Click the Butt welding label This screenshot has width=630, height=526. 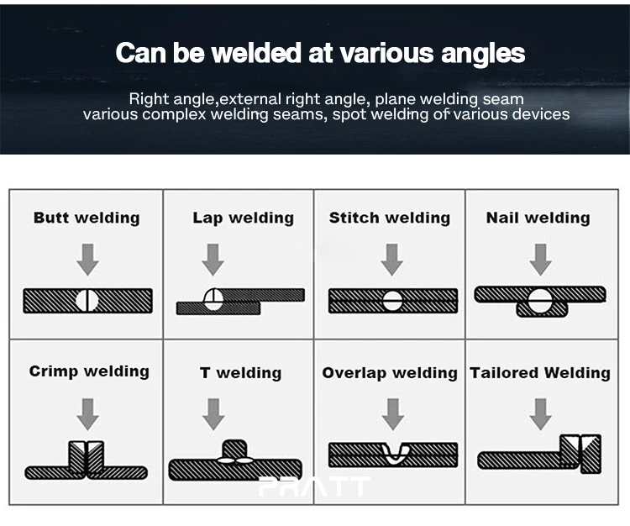(x=87, y=218)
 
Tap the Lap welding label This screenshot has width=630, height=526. (x=243, y=218)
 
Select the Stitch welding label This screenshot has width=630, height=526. (x=390, y=218)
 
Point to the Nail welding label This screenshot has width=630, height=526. (x=538, y=218)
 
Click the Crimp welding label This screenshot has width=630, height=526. (x=89, y=371)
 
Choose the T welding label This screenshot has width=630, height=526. (x=240, y=373)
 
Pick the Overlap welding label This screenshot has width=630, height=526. (x=390, y=373)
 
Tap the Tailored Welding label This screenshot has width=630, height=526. (x=540, y=373)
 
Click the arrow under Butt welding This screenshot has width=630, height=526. (x=87, y=259)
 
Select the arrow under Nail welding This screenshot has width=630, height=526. (x=540, y=259)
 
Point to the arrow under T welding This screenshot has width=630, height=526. (x=213, y=413)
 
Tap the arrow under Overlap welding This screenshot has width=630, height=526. (x=392, y=413)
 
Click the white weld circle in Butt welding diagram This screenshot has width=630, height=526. (x=87, y=300)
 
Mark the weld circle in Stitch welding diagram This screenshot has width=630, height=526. (x=392, y=300)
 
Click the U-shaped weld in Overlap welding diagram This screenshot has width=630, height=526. (x=395, y=453)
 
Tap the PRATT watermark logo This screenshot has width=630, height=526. (x=314, y=487)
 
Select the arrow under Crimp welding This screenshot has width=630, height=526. (x=87, y=413)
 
